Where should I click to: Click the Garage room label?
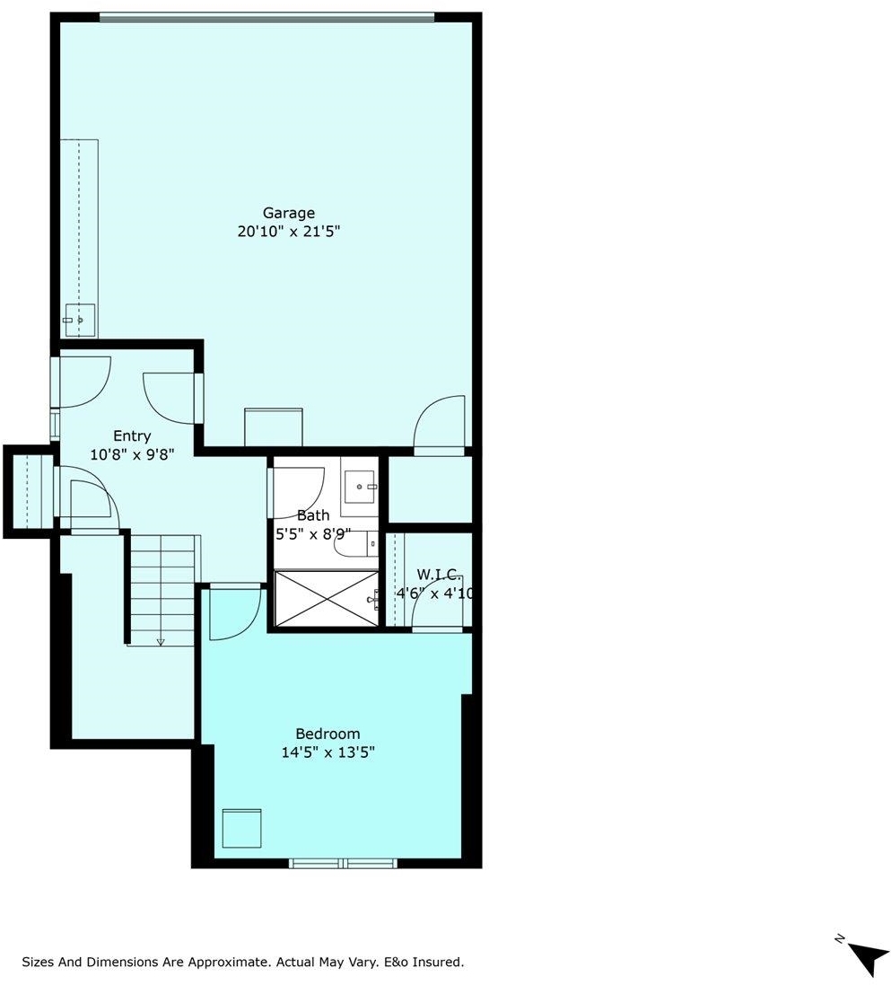tap(288, 214)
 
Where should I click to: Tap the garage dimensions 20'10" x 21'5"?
tap(288, 231)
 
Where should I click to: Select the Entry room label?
tap(132, 436)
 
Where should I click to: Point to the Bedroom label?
tap(328, 734)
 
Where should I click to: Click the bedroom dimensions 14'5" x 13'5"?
tap(328, 752)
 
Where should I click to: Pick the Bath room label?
tap(312, 515)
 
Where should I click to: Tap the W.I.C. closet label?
tap(440, 574)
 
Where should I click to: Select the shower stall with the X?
tap(327, 599)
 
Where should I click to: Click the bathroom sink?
tap(360, 487)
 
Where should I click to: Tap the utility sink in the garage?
tap(81, 321)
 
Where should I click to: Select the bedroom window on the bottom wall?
tap(343, 863)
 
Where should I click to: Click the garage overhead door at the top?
tap(266, 17)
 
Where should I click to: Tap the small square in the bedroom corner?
tap(241, 828)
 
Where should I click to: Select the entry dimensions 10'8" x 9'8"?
tap(132, 453)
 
